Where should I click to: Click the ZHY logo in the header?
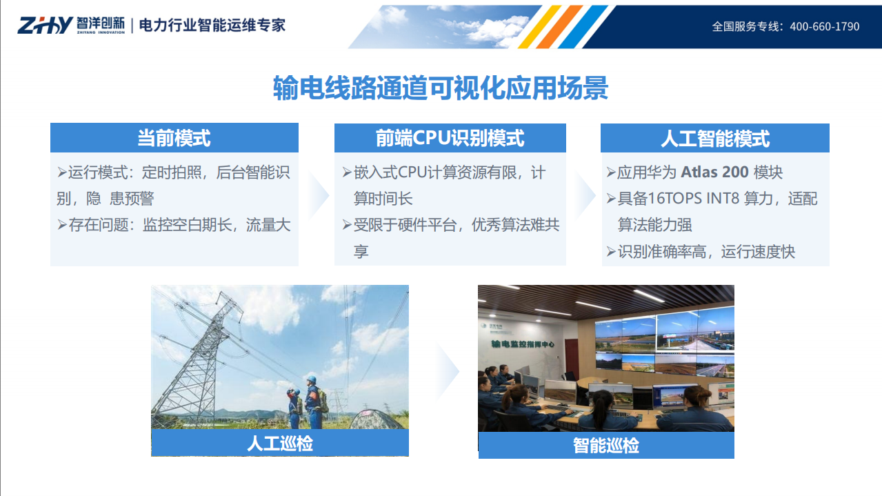[45, 26]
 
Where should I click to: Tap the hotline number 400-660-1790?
[824, 27]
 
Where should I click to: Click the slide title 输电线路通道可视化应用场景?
[441, 88]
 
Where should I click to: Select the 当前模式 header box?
[174, 138]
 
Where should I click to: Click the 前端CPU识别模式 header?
[450, 138]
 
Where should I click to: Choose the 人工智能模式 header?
[714, 139]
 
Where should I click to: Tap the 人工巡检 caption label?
[279, 443]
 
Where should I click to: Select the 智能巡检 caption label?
[605, 445]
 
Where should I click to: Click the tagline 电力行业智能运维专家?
[212, 26]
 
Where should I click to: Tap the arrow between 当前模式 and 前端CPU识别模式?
[317, 196]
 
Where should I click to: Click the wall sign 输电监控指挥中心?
[522, 343]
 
